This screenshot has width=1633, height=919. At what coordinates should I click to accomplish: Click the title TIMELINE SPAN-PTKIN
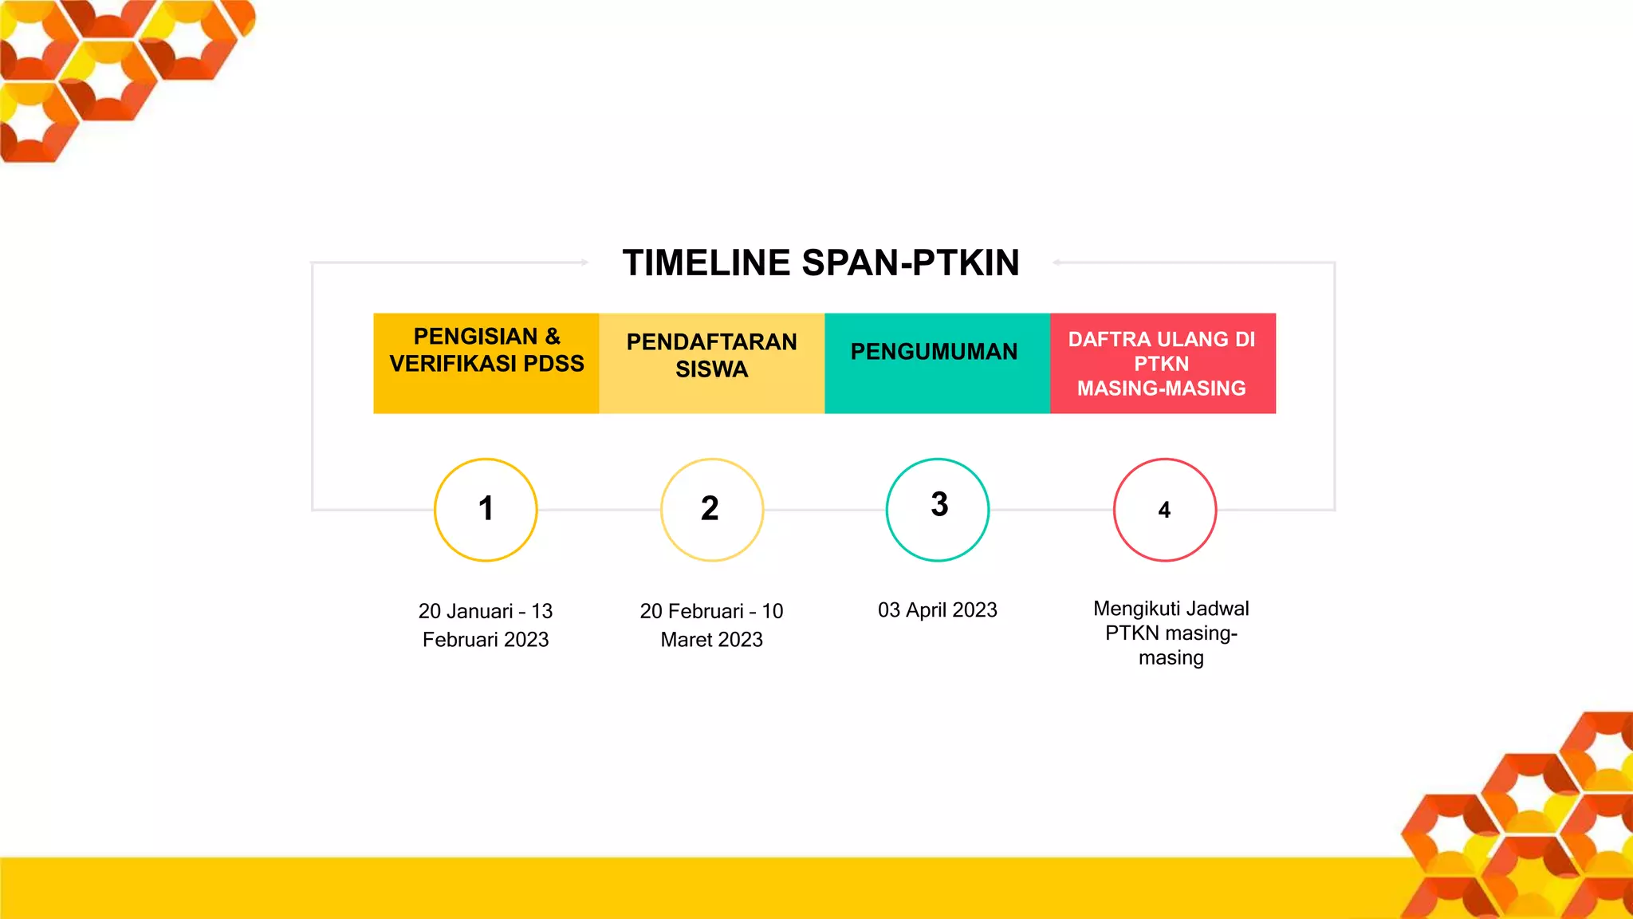(x=820, y=263)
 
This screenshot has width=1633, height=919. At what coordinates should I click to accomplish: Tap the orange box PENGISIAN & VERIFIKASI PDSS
(x=486, y=363)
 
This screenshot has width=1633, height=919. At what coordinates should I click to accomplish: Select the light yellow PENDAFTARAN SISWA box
(x=711, y=363)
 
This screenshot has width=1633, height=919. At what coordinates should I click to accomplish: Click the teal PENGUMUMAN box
(x=937, y=363)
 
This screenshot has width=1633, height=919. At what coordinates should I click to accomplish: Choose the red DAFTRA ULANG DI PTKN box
(x=1163, y=363)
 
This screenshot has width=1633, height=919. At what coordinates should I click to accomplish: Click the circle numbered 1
(x=486, y=510)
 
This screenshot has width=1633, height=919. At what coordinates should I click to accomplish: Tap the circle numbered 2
(x=711, y=510)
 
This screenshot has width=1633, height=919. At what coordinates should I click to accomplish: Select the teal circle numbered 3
(x=938, y=510)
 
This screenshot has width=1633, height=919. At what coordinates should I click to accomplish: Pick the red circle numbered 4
(x=1164, y=510)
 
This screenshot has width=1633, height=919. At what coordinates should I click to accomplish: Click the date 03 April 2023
(x=937, y=610)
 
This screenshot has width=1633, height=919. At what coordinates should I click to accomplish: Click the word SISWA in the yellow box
(x=711, y=369)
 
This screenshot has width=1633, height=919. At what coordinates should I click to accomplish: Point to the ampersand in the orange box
(x=553, y=337)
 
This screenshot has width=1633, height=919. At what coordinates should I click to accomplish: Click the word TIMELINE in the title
(x=706, y=263)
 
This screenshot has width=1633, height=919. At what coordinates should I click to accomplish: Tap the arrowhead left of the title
(x=584, y=262)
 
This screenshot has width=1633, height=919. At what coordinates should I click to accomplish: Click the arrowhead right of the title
(x=1056, y=262)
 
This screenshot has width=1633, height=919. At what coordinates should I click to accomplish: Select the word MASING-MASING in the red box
(x=1161, y=389)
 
